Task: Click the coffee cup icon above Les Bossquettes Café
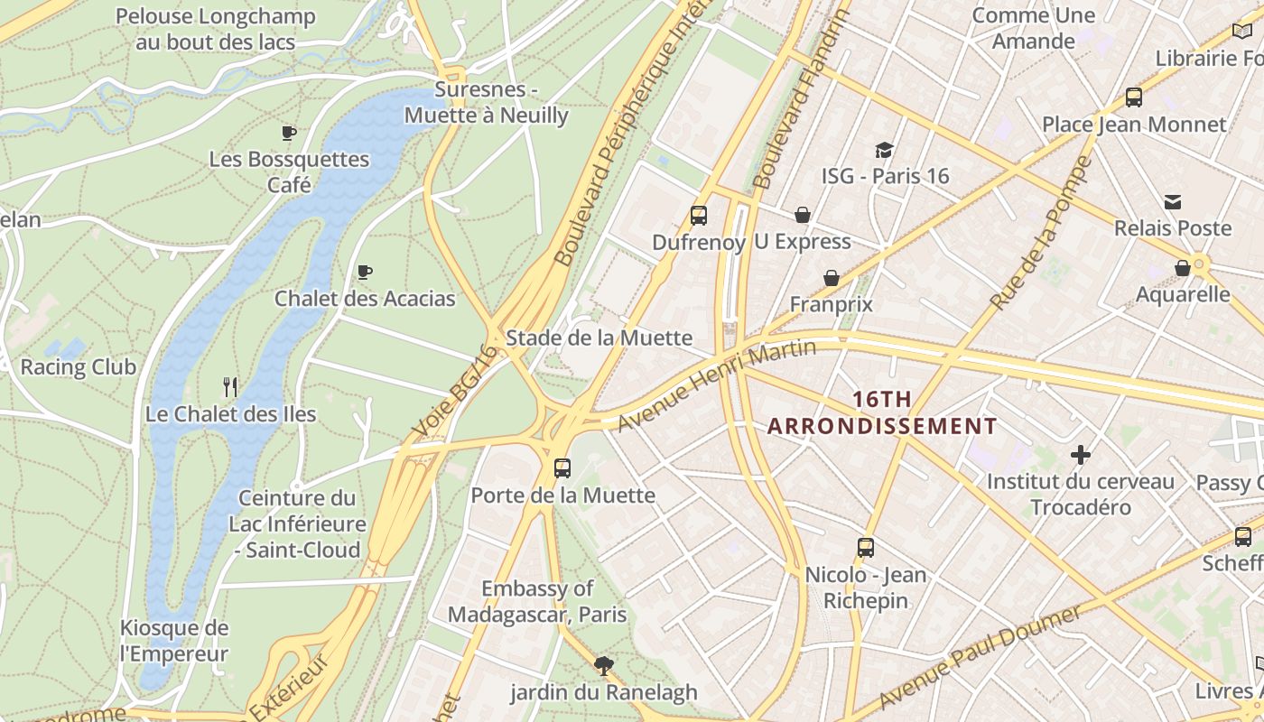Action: (289, 134)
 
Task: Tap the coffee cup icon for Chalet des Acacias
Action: (365, 272)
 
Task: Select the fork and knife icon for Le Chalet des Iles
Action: (230, 387)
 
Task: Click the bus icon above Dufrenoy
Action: (698, 216)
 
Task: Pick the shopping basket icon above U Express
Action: (802, 215)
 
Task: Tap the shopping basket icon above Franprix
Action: (831, 278)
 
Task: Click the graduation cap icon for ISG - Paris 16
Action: (884, 150)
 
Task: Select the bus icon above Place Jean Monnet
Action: (1134, 97)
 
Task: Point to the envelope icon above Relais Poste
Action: (1172, 201)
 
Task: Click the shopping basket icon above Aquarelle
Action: (1182, 268)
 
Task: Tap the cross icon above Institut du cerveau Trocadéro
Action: (1080, 455)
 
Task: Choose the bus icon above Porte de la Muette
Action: (562, 468)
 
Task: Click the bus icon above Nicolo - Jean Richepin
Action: (865, 548)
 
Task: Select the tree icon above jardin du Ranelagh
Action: (604, 666)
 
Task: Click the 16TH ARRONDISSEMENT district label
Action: (882, 412)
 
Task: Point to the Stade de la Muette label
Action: (599, 338)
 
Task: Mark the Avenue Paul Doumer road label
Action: (979, 658)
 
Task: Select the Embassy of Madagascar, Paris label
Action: (537, 602)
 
